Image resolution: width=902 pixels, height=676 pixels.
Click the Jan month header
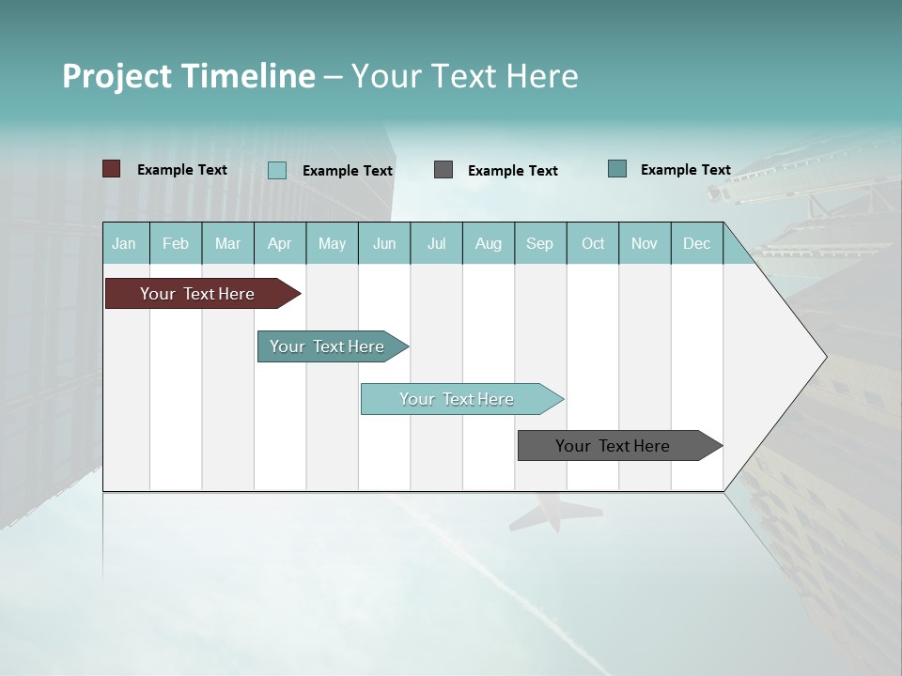(x=124, y=243)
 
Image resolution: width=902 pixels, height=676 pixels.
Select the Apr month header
(x=280, y=243)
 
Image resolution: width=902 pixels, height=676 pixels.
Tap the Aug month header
(x=488, y=243)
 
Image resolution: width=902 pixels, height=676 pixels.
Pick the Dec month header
(x=696, y=243)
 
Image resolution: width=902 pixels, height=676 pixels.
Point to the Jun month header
(x=384, y=243)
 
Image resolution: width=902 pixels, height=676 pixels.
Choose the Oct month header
(x=593, y=243)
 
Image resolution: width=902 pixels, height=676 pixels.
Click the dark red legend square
(x=111, y=169)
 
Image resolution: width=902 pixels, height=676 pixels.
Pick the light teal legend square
(x=277, y=170)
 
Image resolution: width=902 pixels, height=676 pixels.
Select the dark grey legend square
(x=443, y=169)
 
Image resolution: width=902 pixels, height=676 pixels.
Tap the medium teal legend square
(x=617, y=168)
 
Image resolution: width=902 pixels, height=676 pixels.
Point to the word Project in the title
(x=117, y=76)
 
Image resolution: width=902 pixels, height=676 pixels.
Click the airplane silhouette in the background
(x=555, y=513)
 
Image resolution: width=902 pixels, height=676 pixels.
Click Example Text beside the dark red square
(x=181, y=170)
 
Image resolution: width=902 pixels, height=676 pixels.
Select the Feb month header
(x=176, y=243)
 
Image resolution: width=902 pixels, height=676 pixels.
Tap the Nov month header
(x=645, y=243)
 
